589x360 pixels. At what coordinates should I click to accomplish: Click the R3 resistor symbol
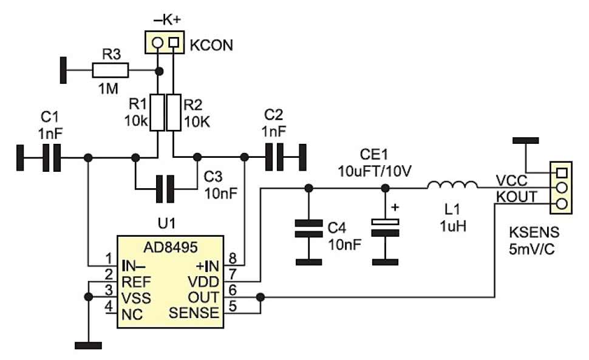click(111, 71)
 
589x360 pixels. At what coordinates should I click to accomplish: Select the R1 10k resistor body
click(158, 113)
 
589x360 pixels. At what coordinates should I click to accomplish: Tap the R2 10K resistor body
click(174, 113)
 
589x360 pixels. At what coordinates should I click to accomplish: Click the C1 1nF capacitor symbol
click(50, 158)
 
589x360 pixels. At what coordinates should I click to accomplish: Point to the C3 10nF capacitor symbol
click(165, 188)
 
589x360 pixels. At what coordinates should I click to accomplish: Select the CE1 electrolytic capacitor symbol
click(385, 228)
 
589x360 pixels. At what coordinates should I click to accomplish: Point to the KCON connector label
click(211, 45)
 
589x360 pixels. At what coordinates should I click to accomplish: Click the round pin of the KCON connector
click(158, 42)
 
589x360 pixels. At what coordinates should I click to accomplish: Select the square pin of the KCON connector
click(174, 42)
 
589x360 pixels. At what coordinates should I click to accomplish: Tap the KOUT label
click(515, 197)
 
